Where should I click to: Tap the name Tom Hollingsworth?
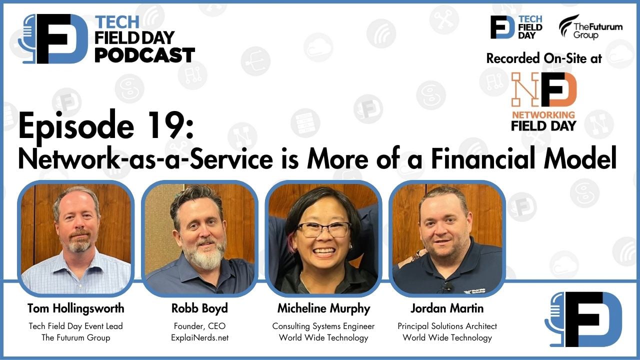coord(76,308)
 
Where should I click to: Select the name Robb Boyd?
coord(199,308)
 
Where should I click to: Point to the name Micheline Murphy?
coord(323,308)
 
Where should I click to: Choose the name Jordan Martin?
coord(447,308)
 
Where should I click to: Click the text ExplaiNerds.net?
coord(199,337)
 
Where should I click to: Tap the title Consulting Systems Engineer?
coord(323,326)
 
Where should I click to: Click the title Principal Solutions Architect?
coord(447,326)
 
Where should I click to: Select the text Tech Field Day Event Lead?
coord(76,326)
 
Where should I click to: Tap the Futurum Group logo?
coord(590,27)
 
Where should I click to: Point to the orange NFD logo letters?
coord(543,89)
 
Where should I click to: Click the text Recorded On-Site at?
coord(544,58)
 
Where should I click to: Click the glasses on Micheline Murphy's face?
coord(323,229)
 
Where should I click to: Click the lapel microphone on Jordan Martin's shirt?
coord(448,286)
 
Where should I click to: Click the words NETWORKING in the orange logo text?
coord(543,114)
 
